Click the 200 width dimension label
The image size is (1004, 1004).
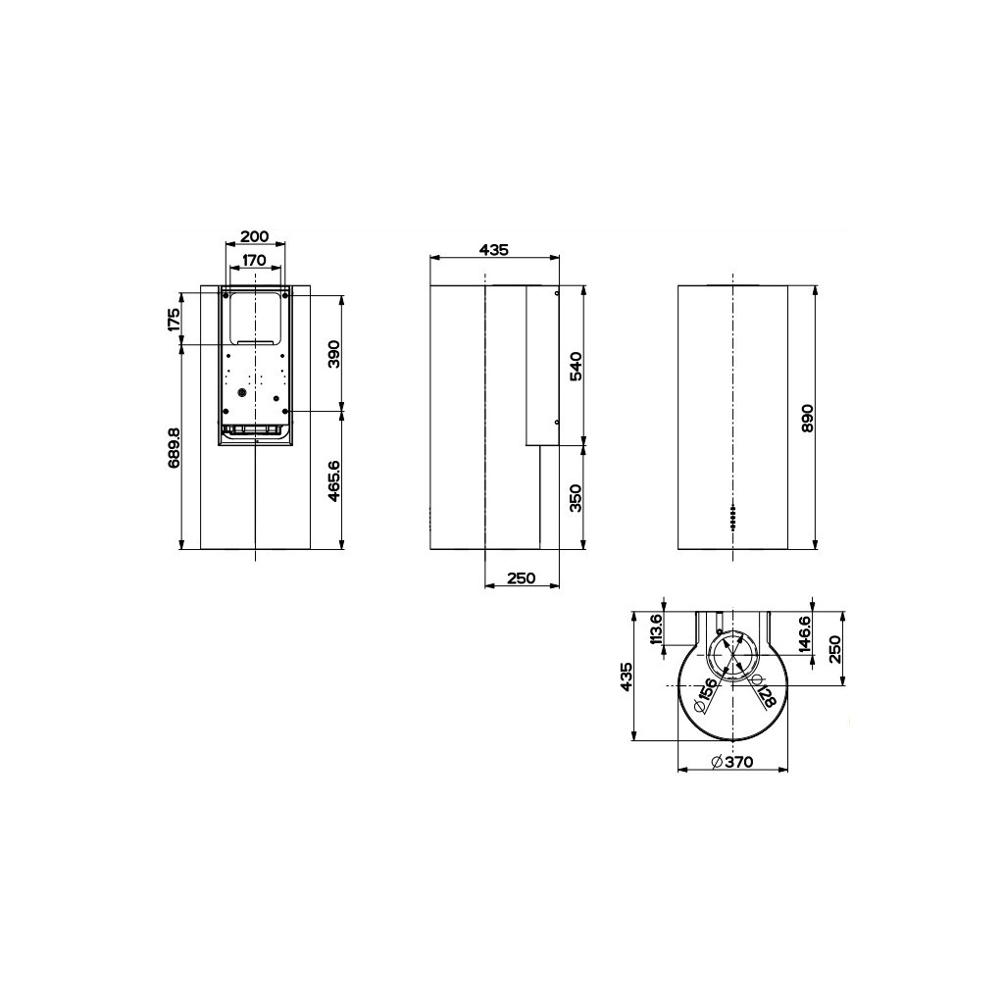(x=254, y=236)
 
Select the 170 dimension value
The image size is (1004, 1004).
(x=254, y=260)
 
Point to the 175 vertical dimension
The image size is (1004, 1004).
(x=174, y=320)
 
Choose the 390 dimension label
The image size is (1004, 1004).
(x=333, y=352)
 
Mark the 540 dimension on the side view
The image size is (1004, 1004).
(x=577, y=365)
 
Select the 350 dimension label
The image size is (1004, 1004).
(x=577, y=497)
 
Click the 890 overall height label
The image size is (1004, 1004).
(x=808, y=419)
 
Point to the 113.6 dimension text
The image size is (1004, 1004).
(x=657, y=630)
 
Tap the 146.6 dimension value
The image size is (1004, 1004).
(x=804, y=634)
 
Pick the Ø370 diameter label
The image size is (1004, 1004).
(x=731, y=762)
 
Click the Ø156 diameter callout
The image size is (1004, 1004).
(x=705, y=693)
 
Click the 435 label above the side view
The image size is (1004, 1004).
(x=494, y=250)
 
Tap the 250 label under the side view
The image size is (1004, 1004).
(x=522, y=578)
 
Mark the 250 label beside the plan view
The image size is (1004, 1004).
(x=835, y=648)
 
